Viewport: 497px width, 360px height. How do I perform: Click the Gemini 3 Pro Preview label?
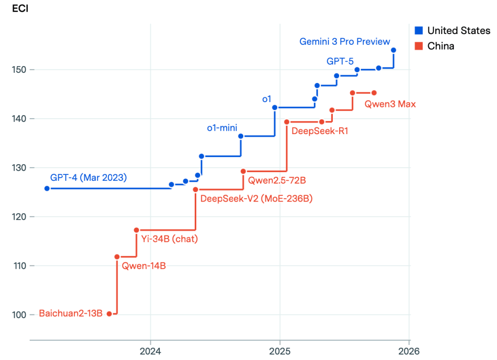(x=344, y=41)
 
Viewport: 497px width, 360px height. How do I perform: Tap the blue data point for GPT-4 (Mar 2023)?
(x=47, y=189)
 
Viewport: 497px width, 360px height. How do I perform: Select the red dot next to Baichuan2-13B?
(x=109, y=314)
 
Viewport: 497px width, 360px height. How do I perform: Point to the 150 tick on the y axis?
(x=19, y=70)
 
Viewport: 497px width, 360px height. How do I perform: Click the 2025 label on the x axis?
(x=280, y=351)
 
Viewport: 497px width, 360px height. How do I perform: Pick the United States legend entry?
(x=452, y=31)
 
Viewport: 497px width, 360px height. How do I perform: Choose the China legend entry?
(x=434, y=46)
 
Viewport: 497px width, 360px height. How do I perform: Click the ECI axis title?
(x=20, y=9)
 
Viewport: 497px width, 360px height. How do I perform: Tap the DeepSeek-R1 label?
(x=320, y=131)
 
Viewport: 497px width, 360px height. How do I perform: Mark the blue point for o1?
(x=275, y=107)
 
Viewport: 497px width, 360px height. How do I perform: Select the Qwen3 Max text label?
(x=390, y=104)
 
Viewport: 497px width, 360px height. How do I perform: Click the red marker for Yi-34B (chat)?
(x=137, y=230)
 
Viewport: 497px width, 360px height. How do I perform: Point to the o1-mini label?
(x=222, y=128)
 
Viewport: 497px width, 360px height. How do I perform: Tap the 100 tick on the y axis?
(x=19, y=315)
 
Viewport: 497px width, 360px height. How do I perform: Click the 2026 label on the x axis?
(x=409, y=351)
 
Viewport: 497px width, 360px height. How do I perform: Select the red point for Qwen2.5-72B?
(x=243, y=171)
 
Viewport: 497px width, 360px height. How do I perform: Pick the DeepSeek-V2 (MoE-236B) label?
(x=257, y=199)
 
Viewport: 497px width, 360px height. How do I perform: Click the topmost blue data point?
(x=394, y=50)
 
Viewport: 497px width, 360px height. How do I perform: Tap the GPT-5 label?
(x=340, y=61)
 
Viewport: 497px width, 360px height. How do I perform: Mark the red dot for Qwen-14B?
(x=117, y=257)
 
